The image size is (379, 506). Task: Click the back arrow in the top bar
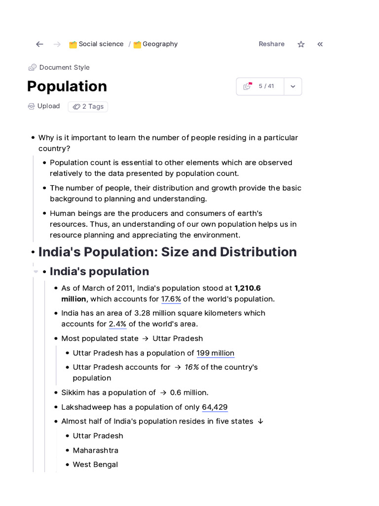39,44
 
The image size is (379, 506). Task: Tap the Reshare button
271,44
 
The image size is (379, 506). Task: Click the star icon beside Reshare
301,44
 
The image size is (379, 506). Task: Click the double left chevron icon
320,44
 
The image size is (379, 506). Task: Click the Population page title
67,86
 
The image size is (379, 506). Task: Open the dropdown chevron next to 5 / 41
293,86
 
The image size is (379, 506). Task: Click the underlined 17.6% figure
171,299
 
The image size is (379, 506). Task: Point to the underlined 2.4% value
117,324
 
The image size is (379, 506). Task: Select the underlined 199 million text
215,353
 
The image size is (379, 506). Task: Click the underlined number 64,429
215,407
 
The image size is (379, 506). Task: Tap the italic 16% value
191,367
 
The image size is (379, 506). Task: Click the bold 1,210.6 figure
247,288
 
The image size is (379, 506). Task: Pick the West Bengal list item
95,464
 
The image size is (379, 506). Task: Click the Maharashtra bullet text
95,450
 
